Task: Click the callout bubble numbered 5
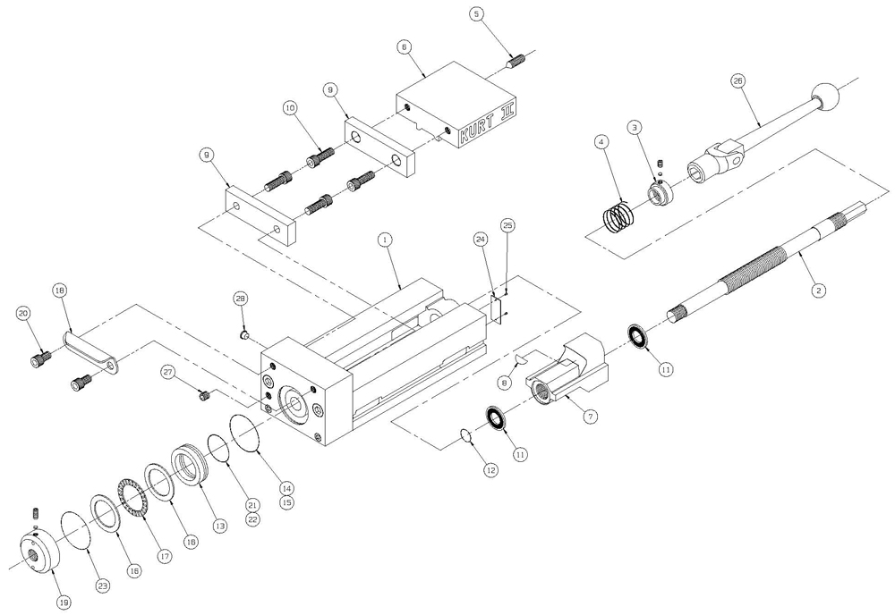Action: pyautogui.click(x=475, y=15)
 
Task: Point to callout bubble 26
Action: pyautogui.click(x=737, y=80)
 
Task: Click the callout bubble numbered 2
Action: pyautogui.click(x=817, y=290)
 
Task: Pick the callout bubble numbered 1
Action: pyautogui.click(x=384, y=240)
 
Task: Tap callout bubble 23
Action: pyautogui.click(x=103, y=586)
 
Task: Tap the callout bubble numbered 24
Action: pyautogui.click(x=481, y=240)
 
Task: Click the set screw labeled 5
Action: pyautogui.click(x=516, y=60)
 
